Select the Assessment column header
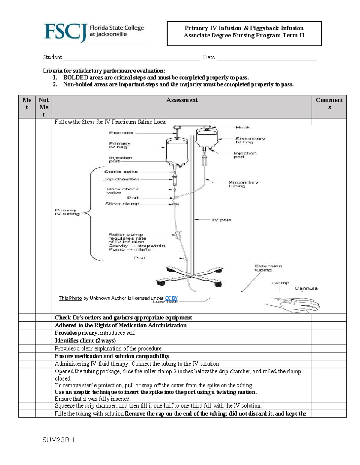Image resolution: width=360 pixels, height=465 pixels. [x=182, y=100]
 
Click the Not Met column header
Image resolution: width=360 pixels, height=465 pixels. [x=43, y=107]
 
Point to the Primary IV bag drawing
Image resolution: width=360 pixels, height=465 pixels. [x=177, y=151]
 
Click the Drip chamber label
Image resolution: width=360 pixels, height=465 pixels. [x=121, y=179]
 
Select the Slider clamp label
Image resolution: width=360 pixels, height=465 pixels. [x=122, y=204]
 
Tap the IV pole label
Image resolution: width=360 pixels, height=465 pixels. [x=222, y=220]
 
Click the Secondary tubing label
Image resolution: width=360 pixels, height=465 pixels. [x=243, y=184]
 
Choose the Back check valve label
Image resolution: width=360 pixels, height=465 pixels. [x=122, y=191]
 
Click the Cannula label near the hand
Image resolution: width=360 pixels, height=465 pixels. [x=306, y=288]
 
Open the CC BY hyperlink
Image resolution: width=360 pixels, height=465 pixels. [x=171, y=298]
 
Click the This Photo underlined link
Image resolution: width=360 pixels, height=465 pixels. [x=70, y=298]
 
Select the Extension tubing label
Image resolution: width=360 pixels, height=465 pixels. [x=268, y=268]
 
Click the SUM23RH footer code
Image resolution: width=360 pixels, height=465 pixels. [x=58, y=440]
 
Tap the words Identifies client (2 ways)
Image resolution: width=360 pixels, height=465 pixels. [x=85, y=341]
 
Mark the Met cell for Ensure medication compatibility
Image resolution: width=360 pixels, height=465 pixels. [x=27, y=356]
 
